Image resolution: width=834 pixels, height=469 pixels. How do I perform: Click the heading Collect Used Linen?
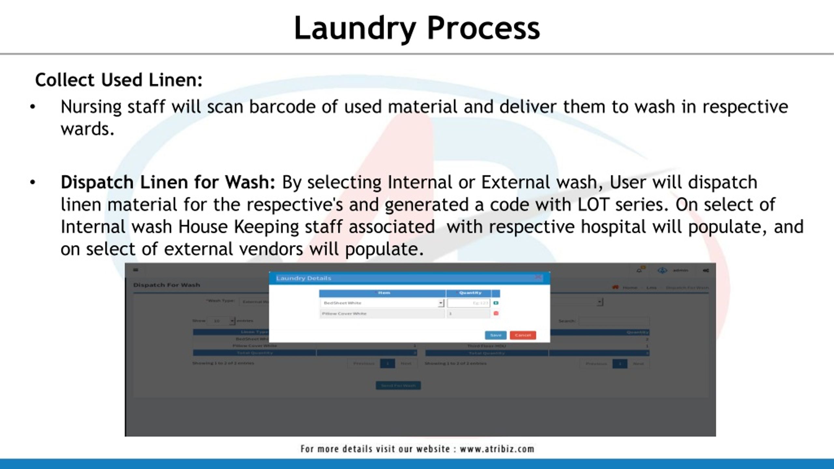click(119, 80)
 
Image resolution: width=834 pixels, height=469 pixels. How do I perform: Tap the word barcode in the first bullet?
click(282, 107)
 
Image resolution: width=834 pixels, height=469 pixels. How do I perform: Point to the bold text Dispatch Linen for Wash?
click(168, 182)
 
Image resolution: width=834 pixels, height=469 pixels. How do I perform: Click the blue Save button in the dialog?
click(495, 335)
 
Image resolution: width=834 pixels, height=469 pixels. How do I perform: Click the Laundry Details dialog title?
click(304, 278)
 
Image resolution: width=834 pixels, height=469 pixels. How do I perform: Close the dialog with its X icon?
click(538, 277)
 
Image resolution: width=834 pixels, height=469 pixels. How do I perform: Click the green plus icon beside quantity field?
click(496, 303)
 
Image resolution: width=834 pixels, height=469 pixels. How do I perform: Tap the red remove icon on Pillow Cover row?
click(496, 313)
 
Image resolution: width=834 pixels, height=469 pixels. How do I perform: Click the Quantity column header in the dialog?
click(470, 293)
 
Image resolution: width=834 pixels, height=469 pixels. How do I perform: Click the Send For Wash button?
click(398, 386)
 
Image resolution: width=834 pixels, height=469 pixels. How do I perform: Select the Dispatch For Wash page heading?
click(166, 285)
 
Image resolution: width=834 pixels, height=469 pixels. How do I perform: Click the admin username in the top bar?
click(681, 270)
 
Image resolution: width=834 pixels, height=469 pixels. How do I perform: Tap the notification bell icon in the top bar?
click(639, 270)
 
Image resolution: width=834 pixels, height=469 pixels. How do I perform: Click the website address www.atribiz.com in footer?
click(497, 449)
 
